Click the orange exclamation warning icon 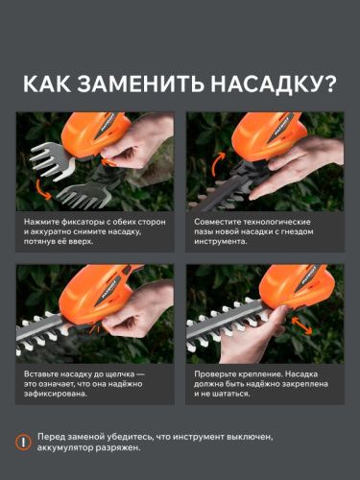[22, 442]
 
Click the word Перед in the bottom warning [56, 436]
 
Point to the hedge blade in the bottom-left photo [58, 331]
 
